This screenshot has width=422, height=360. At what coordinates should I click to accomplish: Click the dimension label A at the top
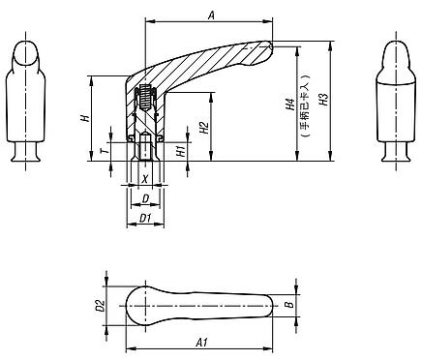211,14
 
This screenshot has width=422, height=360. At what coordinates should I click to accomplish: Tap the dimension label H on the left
84,118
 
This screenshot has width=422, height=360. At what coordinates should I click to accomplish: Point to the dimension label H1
181,150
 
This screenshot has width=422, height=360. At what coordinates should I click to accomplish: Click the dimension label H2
203,129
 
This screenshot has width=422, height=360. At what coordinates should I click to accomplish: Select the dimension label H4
291,107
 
